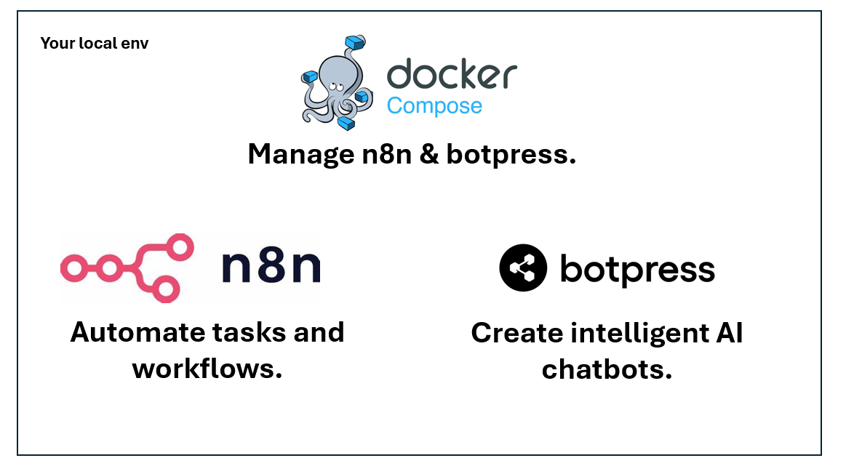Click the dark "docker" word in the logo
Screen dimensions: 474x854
452,76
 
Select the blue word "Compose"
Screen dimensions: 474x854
434,106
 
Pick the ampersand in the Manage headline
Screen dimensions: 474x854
429,154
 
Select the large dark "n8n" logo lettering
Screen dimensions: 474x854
271,268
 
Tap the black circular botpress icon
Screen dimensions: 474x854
522,268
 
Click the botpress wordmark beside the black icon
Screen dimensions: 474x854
637,270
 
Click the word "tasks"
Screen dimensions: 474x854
247,332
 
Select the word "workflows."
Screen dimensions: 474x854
207,369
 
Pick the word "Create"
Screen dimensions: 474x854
516,333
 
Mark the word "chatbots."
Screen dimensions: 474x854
607,369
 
